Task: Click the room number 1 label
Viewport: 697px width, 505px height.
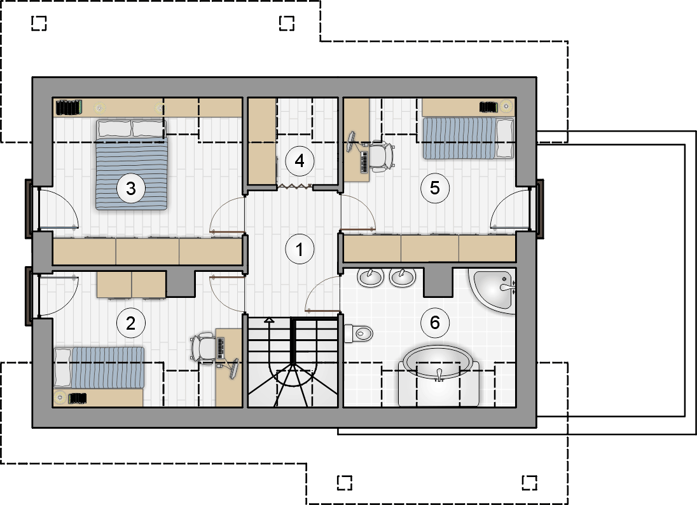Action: point(300,249)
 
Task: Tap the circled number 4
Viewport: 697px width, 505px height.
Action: point(300,161)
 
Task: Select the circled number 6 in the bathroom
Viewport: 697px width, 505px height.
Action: point(435,322)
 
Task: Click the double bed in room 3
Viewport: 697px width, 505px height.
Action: point(132,165)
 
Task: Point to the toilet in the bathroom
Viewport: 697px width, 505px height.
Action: point(358,333)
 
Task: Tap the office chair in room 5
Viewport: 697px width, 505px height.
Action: point(382,156)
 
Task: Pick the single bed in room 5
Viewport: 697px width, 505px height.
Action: point(468,138)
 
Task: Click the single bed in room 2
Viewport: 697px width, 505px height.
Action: point(99,367)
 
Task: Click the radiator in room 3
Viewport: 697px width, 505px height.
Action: point(69,107)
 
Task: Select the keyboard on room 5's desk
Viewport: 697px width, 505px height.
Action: point(364,163)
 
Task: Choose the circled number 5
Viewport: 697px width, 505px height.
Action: point(435,188)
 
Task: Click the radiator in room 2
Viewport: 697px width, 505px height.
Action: point(77,398)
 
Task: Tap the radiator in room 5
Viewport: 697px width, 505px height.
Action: point(488,107)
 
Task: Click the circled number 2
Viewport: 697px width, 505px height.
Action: point(131,323)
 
